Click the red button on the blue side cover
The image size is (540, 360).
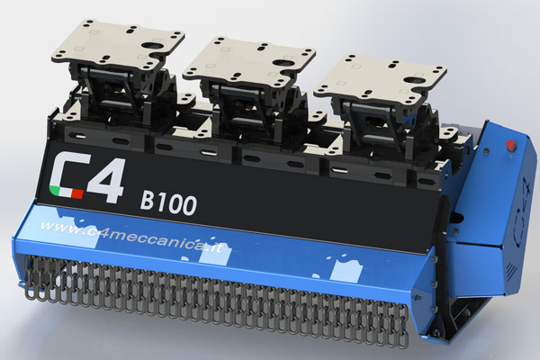click(x=510, y=145)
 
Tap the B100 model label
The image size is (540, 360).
click(x=168, y=203)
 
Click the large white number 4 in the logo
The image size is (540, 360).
click(x=105, y=180)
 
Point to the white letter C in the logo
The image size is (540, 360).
click(x=67, y=175)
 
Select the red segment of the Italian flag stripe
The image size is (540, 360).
click(x=77, y=194)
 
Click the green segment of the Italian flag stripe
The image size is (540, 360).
click(x=54, y=190)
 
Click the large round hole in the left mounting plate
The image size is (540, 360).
click(x=151, y=45)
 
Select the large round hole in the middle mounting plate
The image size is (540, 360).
click(x=283, y=63)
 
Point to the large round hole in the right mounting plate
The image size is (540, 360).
click(x=413, y=81)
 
